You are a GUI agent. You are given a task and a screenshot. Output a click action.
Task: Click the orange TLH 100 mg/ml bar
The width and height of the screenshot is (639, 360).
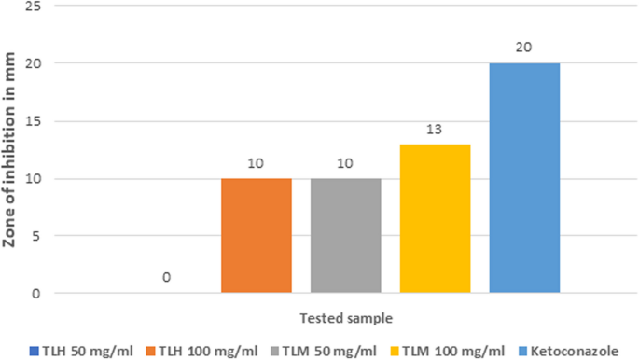click(257, 235)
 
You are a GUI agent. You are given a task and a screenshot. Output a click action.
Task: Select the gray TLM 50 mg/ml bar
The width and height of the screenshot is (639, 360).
click(346, 235)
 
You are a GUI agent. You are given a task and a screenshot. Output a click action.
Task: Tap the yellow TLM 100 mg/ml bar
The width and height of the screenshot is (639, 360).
click(436, 218)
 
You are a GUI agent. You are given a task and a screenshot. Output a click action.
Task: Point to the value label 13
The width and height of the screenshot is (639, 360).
click(436, 128)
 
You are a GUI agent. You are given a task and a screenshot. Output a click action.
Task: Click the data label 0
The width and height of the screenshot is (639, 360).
click(167, 278)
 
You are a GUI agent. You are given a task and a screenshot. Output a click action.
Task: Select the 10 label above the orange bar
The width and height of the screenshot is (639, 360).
click(257, 162)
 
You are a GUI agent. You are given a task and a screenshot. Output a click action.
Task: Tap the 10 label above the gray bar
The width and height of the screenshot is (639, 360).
click(346, 162)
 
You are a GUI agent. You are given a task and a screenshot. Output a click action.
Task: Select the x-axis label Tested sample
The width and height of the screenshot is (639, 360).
click(346, 316)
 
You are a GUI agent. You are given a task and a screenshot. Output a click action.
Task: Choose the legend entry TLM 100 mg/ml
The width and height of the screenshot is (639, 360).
click(444, 350)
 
